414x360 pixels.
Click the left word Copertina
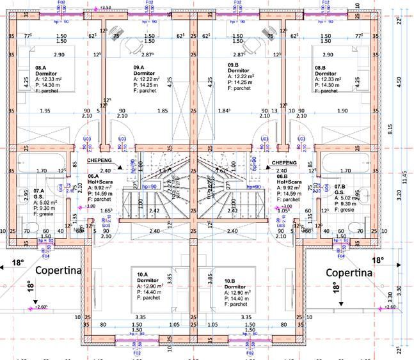pyautogui.click(x=59, y=270)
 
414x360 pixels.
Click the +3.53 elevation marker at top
pyautogui.click(x=106, y=8)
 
